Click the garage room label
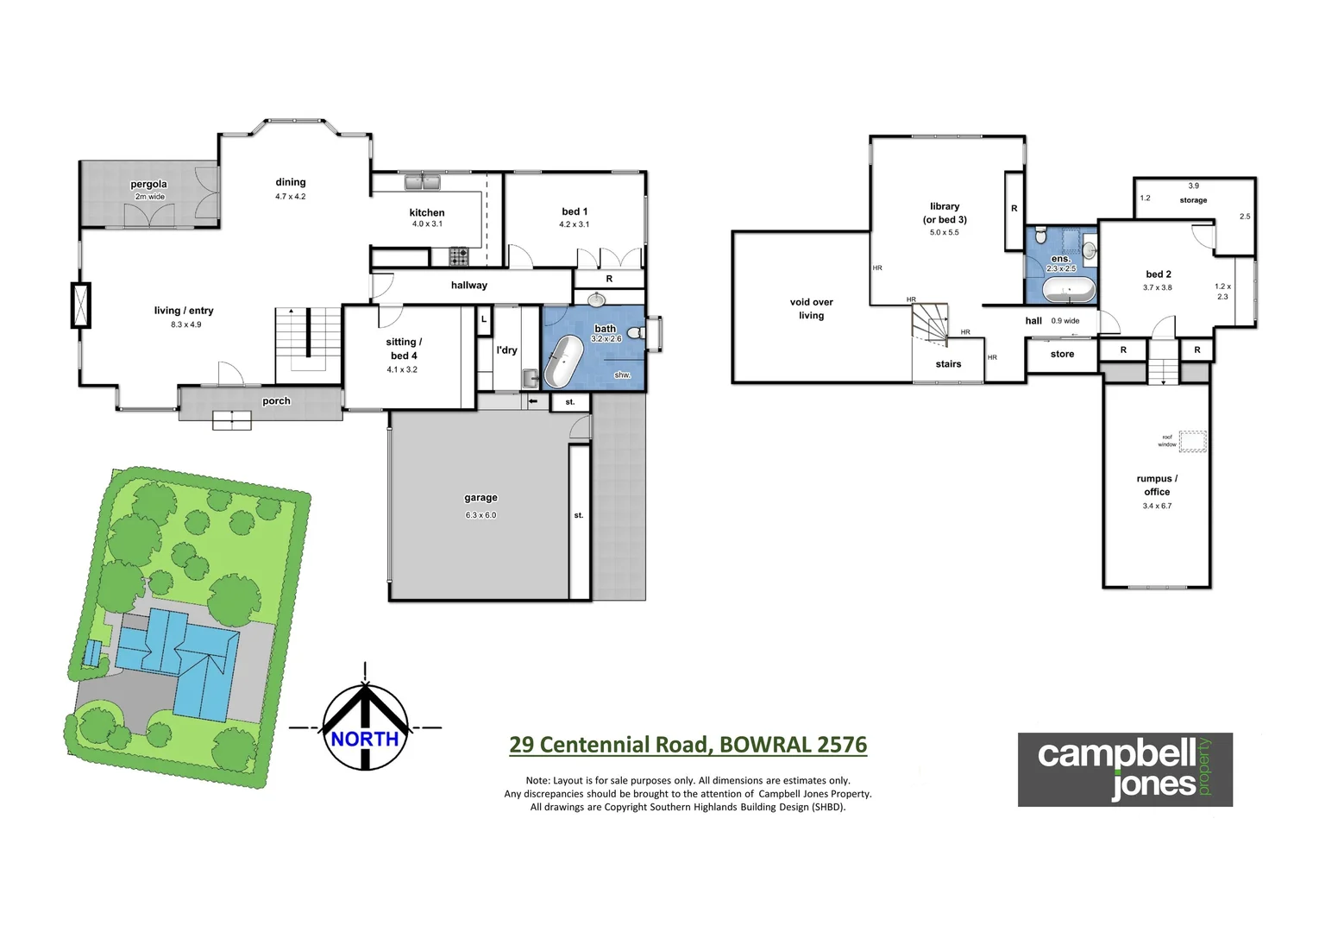pyautogui.click(x=480, y=498)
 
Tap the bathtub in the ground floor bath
pyautogui.click(x=562, y=362)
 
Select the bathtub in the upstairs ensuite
pyautogui.click(x=1068, y=290)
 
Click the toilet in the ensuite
pyautogui.click(x=1040, y=236)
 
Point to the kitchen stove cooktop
pyautogui.click(x=459, y=256)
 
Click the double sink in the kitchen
pyautogui.click(x=423, y=182)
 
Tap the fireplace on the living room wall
pyautogui.click(x=81, y=305)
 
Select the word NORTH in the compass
pyautogui.click(x=365, y=740)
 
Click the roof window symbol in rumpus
pyautogui.click(x=1192, y=441)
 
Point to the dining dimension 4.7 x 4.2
pyautogui.click(x=291, y=197)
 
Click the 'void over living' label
pyautogui.click(x=811, y=309)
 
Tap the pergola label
pyautogui.click(x=148, y=184)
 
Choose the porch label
pyautogui.click(x=276, y=401)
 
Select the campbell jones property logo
pyautogui.click(x=1124, y=769)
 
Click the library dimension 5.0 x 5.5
pyautogui.click(x=944, y=232)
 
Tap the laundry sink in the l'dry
pyautogui.click(x=530, y=377)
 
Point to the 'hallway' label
pyautogui.click(x=468, y=285)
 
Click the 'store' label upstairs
pyautogui.click(x=1062, y=354)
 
